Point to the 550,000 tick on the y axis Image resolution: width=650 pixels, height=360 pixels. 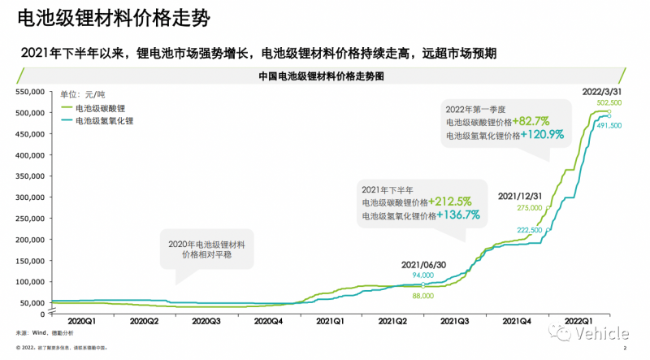[30, 91]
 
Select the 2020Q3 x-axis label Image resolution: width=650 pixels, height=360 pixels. [207, 321]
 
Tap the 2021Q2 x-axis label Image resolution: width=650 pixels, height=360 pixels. [394, 321]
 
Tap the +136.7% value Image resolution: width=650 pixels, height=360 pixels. [458, 215]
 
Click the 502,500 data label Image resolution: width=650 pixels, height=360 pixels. [609, 103]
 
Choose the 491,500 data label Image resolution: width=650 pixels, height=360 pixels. [609, 126]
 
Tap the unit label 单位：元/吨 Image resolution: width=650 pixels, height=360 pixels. [84, 95]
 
